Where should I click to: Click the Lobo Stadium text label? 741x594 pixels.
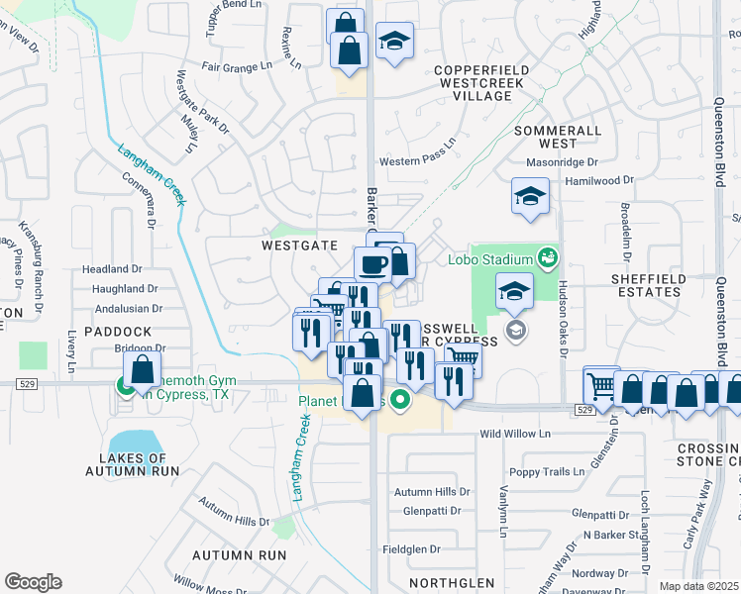490,260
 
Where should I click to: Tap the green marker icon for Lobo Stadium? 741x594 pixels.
546,259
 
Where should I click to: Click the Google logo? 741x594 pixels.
33,582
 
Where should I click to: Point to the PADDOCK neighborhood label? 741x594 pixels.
118,331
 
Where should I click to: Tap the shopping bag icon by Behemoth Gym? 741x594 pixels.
143,371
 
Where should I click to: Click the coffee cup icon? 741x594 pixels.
373,264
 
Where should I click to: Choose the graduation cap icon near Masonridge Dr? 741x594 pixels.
530,196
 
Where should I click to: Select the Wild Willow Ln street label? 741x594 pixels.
514,434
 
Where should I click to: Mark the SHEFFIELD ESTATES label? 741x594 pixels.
649,285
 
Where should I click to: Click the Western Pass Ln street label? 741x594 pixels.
417,162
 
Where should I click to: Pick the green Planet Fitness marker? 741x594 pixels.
400,401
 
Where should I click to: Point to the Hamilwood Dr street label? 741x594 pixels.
598,180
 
